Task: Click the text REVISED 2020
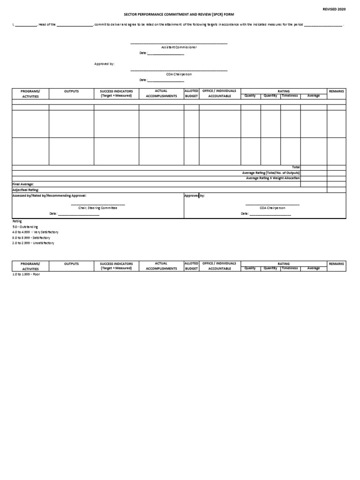pos(334,9)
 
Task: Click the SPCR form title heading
pos(179,15)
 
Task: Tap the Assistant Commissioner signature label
pos(179,47)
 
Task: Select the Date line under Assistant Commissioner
pos(162,53)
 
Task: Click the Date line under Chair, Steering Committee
pos(75,214)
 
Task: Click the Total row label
pos(296,167)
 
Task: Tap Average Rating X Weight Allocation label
pos(273,178)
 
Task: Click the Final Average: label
pos(23,184)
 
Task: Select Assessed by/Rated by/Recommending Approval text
pos(49,195)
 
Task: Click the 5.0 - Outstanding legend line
pos(25,226)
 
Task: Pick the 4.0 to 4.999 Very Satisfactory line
pos(35,232)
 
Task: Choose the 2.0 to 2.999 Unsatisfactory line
pos(33,243)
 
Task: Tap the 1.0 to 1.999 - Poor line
pos(26,274)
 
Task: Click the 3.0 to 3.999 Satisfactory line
pos(31,238)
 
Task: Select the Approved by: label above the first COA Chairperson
pos(104,63)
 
